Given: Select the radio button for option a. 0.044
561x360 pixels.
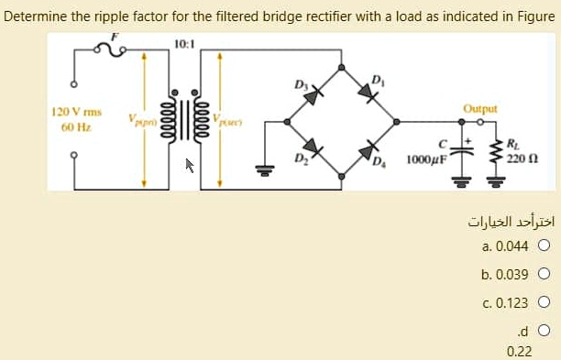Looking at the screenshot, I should (x=544, y=245).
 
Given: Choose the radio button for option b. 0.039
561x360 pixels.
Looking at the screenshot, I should (x=544, y=274).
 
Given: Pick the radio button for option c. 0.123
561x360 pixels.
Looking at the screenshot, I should (x=544, y=302).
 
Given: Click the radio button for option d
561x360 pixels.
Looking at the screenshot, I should (x=544, y=331).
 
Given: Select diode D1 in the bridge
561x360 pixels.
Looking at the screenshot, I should (x=371, y=93).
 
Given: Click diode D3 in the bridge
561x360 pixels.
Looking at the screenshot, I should (x=314, y=93).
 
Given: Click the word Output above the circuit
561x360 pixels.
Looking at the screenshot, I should (x=479, y=107).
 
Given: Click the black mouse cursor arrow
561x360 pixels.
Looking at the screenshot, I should (x=191, y=166).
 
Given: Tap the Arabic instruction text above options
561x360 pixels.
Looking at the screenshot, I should (x=511, y=223).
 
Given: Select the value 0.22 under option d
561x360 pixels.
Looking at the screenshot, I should (x=519, y=351).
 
